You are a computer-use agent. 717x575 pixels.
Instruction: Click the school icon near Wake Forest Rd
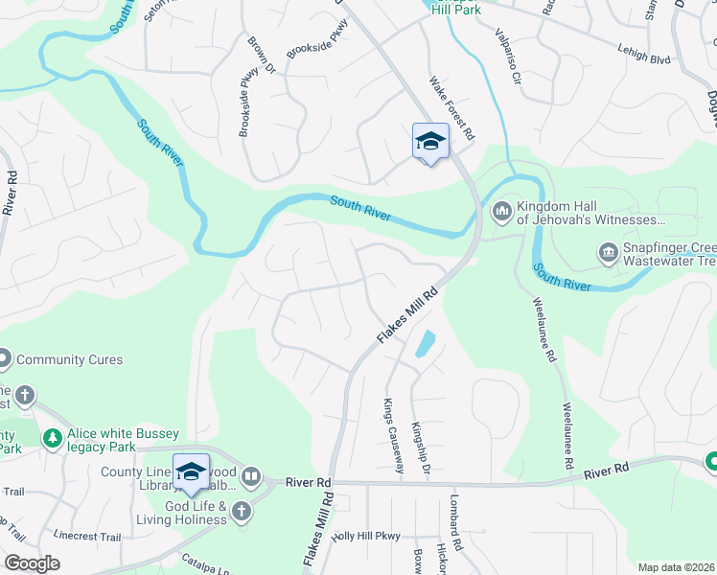click(430, 142)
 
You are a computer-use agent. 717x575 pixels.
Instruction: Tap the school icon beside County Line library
click(191, 471)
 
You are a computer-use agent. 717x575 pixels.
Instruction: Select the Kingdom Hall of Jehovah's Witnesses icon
click(501, 210)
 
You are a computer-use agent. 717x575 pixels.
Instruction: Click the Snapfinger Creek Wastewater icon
click(607, 252)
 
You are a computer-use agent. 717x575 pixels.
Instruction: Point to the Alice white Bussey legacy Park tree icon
click(52, 439)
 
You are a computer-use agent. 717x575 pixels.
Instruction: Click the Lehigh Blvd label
click(645, 58)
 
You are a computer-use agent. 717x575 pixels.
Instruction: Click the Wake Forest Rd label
click(452, 108)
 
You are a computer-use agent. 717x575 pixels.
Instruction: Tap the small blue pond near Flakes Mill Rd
click(424, 343)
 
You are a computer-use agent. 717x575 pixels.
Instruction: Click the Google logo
click(32, 563)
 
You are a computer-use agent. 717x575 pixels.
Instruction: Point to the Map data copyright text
click(677, 567)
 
